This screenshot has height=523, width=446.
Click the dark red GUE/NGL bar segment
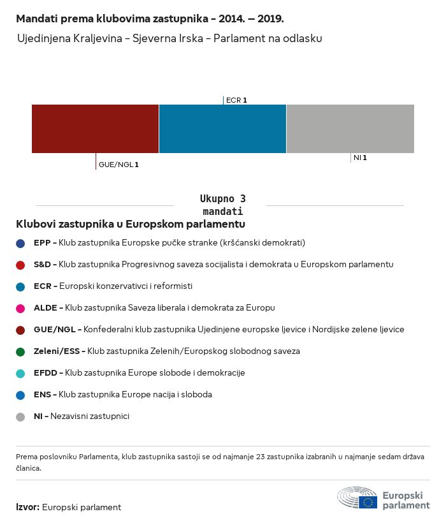pos(95,129)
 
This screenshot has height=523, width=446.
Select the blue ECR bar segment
pos(222,129)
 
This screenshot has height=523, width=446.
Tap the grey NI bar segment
pos(350,129)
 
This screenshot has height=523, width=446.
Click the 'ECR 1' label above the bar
pos(236,100)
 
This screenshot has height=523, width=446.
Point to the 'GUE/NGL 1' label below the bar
pos(119,165)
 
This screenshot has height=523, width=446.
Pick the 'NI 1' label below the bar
pos(360,158)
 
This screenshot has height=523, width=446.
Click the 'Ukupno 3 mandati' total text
pos(222,205)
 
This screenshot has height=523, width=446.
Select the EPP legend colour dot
pos(21,243)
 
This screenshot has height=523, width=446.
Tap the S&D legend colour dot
pos(21,265)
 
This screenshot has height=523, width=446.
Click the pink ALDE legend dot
pos(21,308)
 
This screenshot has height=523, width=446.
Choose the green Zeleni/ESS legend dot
pos(21,351)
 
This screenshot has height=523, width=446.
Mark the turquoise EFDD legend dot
pos(21,373)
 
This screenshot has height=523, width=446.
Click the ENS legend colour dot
pos(21,395)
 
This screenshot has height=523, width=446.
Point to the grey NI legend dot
pos(21,416)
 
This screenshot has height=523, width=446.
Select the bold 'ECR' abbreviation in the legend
pos(42,286)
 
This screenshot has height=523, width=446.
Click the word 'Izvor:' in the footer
pos(28,508)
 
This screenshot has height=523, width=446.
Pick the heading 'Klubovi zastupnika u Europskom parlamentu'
pos(131,225)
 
